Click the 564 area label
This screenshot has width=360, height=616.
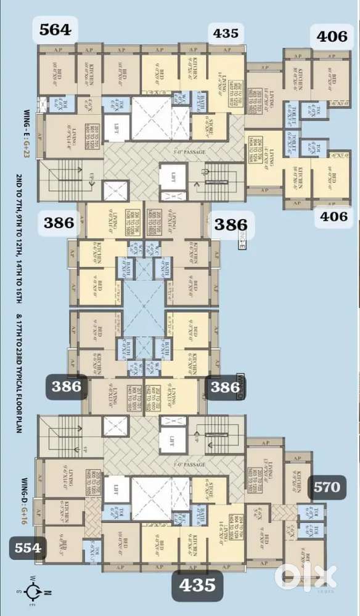point(55,30)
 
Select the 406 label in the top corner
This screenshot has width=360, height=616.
point(332,36)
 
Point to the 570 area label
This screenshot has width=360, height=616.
point(326,487)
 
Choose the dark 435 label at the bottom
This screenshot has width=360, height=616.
point(197,584)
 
